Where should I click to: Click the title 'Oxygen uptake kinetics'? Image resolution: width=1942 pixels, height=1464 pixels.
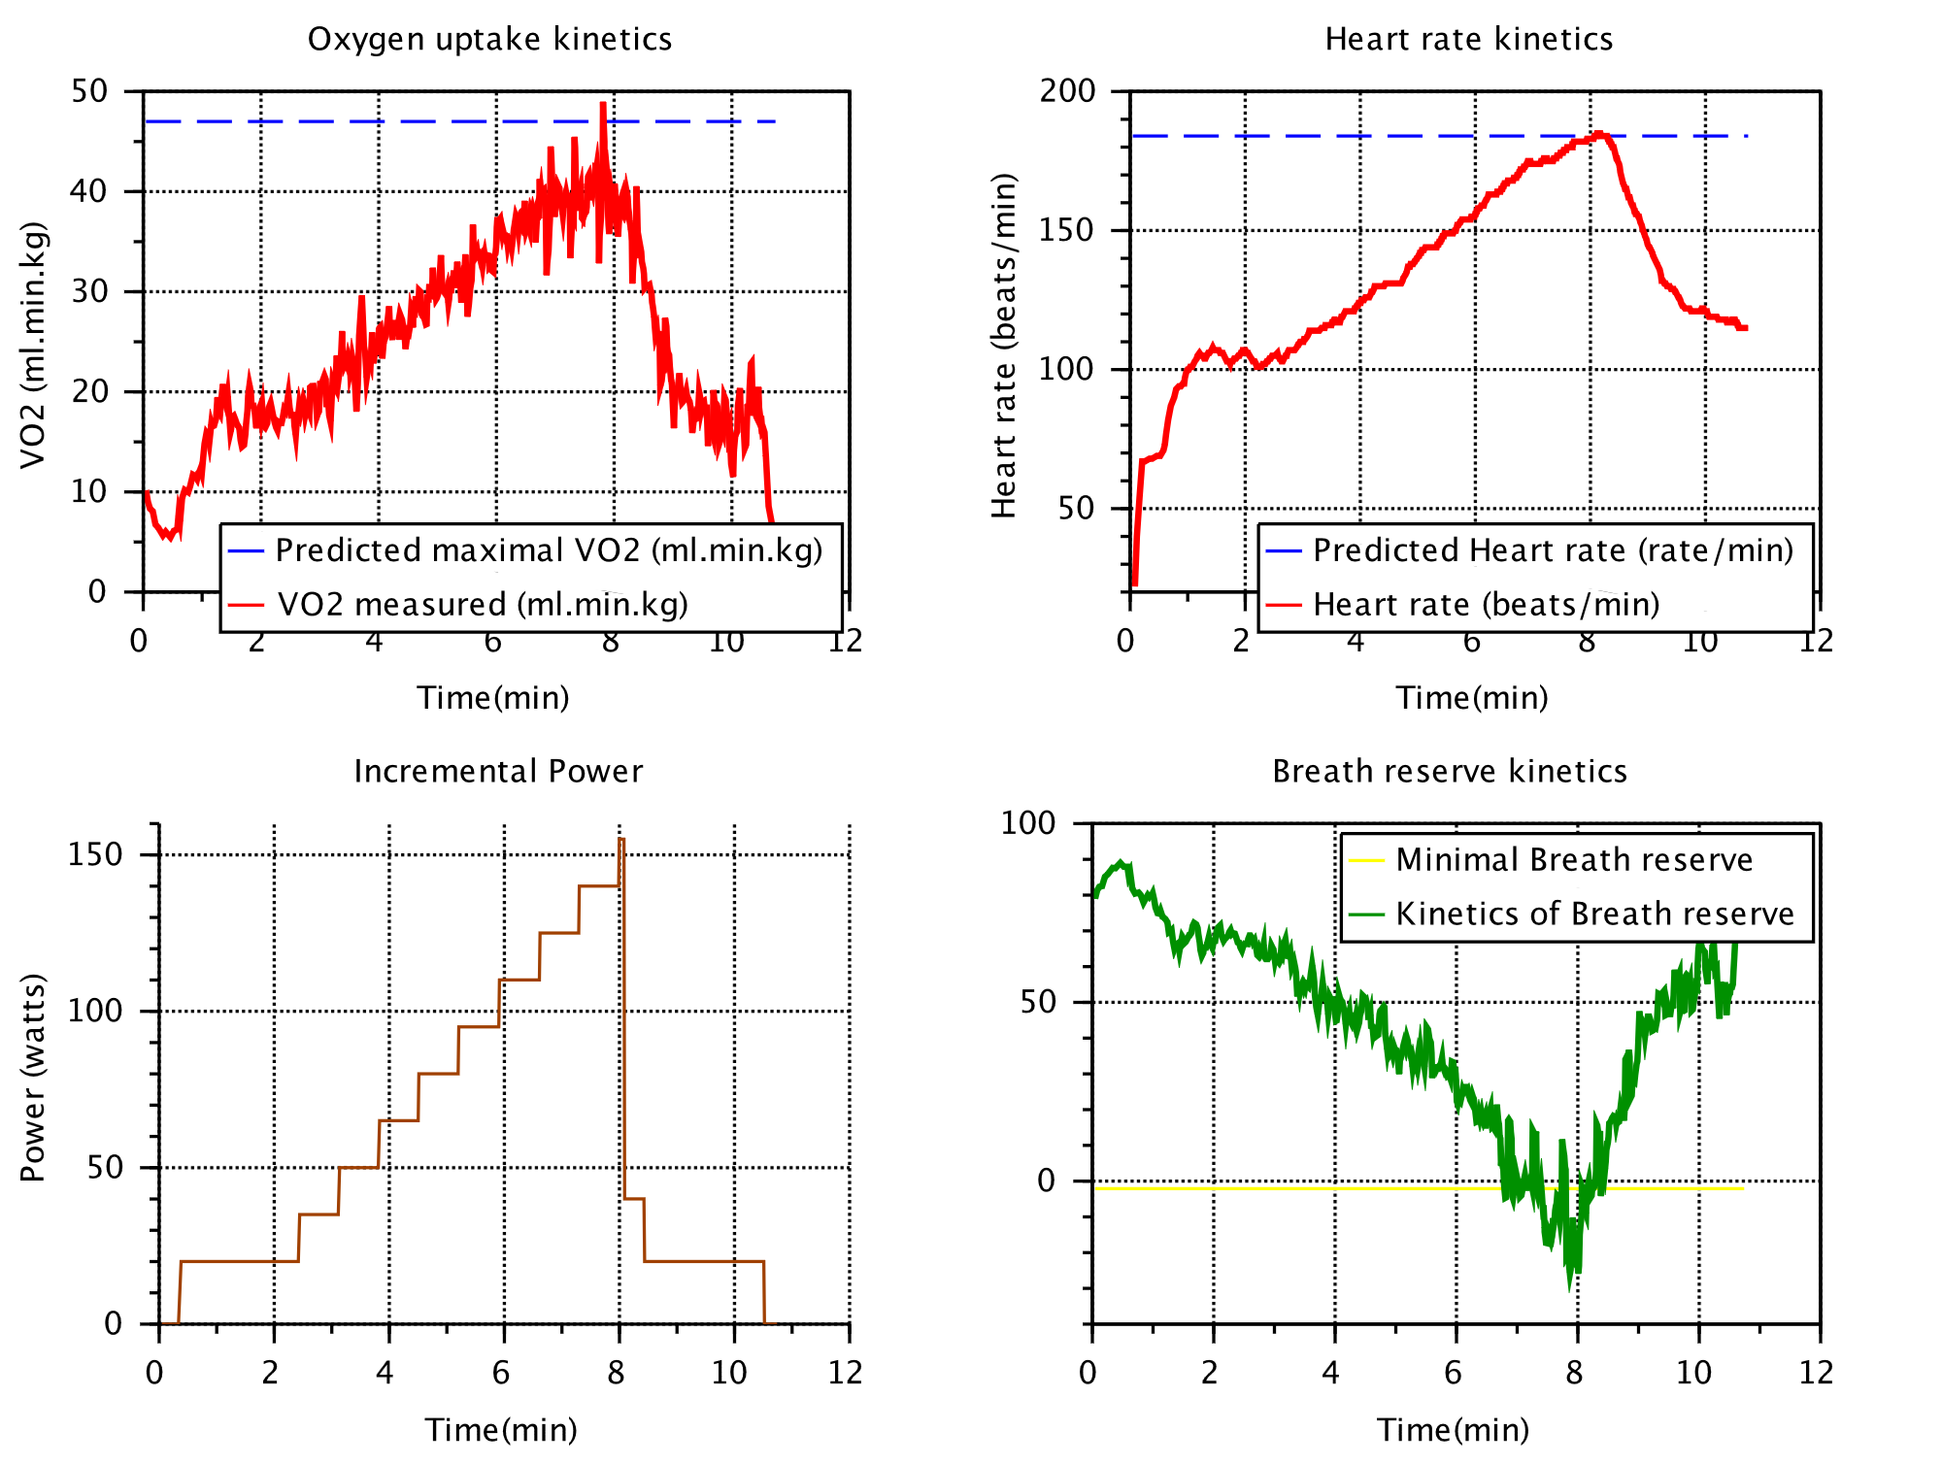coord(489,39)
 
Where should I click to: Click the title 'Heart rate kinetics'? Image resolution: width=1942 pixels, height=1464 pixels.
coord(1468,39)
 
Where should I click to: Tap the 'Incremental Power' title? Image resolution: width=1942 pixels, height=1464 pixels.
coord(497,771)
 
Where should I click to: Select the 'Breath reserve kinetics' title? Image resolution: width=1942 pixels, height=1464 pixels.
coord(1449,771)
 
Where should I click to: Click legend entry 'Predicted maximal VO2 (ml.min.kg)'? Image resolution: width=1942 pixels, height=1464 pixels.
coord(549,550)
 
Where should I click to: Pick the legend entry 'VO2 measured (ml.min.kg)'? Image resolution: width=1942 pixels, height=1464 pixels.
coord(483,605)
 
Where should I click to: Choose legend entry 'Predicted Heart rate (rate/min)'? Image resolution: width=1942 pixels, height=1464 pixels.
coord(1552,550)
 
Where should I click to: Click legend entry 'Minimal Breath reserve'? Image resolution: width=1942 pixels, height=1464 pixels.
coord(1573,860)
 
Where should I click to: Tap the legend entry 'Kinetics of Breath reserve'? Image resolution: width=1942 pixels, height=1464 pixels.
coord(1594,914)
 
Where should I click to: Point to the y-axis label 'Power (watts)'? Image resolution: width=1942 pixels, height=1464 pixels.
coord(32,1077)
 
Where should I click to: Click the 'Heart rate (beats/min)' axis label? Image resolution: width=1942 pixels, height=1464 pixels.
coord(1003,346)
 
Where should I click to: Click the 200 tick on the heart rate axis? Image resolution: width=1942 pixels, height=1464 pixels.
coord(1067,90)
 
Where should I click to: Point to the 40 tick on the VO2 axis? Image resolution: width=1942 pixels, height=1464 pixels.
coord(88,191)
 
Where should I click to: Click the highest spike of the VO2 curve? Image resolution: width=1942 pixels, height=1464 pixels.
coord(603,104)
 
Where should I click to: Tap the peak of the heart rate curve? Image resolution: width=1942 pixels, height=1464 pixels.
coord(1599,134)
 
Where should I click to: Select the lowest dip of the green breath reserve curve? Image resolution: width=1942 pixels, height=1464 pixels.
coord(1569,1287)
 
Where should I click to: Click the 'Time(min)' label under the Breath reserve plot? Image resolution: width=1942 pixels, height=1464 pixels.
coord(1453,1429)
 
